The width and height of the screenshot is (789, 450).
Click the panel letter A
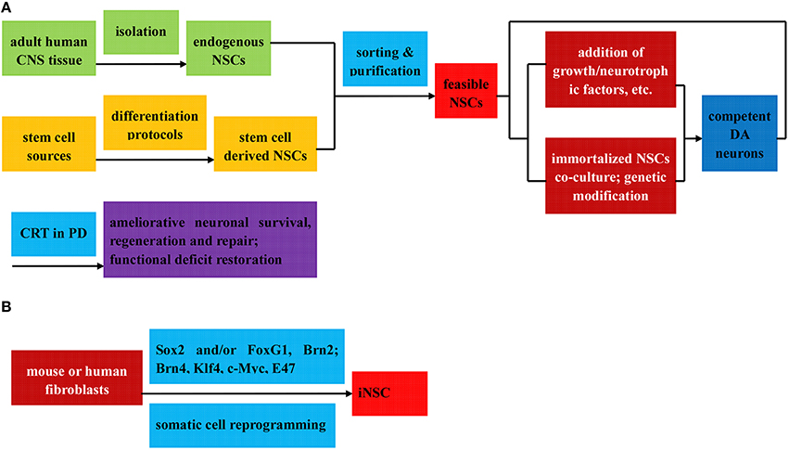tap(9, 9)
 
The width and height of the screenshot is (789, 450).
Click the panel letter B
tap(9, 303)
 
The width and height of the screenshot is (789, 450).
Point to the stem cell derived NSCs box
tap(265, 142)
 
